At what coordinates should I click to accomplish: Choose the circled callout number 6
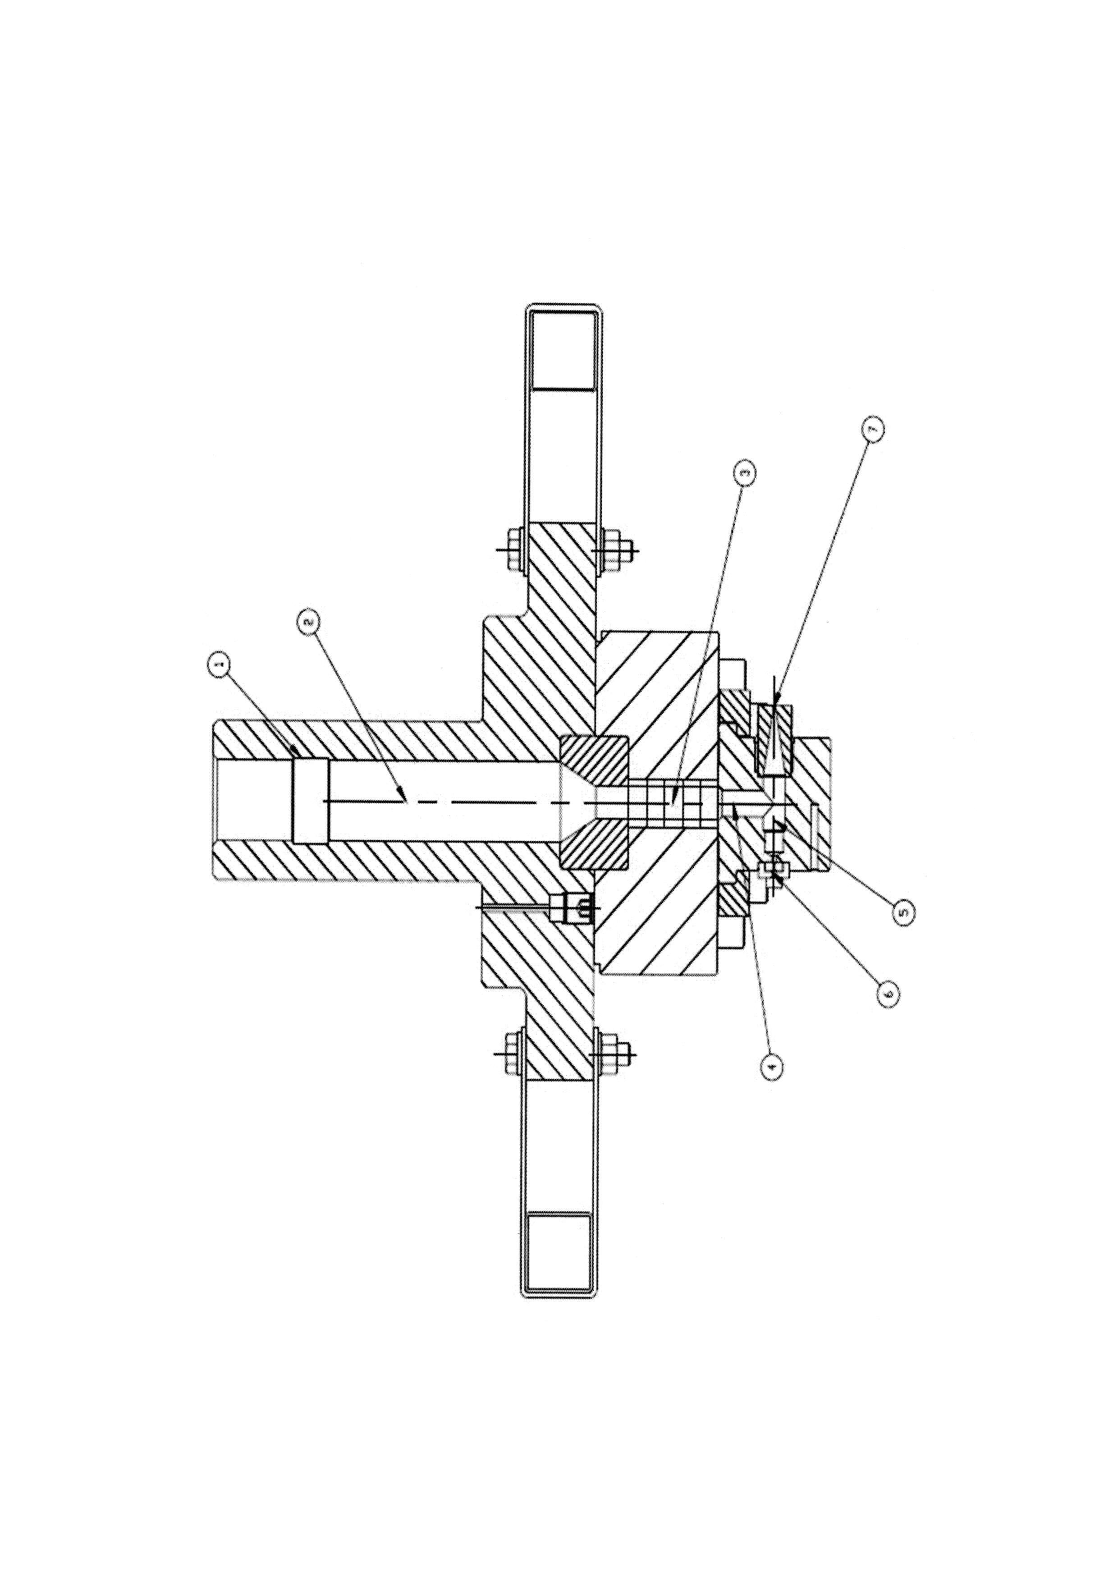(888, 992)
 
